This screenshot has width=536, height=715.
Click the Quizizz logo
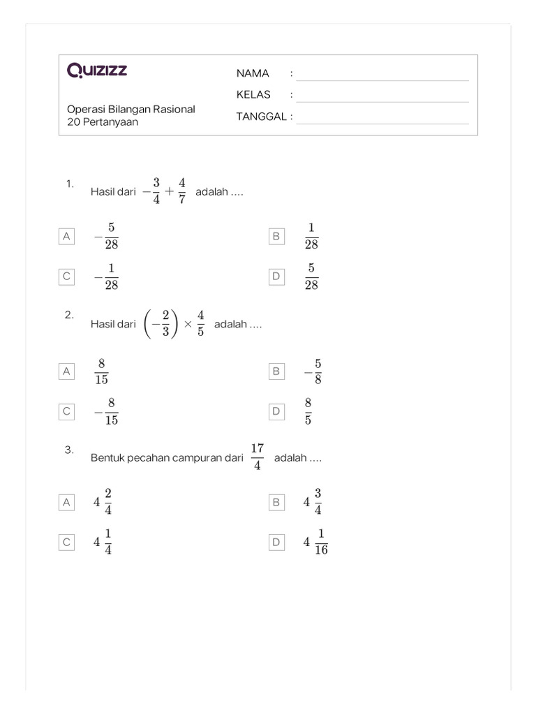97,70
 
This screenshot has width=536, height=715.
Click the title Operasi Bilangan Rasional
131,109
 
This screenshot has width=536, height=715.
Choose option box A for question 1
67,237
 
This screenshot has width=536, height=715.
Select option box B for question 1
276,237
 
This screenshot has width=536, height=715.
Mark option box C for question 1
67,277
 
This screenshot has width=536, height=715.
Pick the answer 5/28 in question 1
311,277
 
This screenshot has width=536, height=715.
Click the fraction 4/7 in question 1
181,191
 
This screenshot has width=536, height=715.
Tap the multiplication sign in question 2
188,325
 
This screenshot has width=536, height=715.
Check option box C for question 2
67,412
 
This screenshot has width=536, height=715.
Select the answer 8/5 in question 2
308,412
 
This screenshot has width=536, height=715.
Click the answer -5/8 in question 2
313,371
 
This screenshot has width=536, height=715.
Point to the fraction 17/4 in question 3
257,457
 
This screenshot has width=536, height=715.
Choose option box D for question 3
276,542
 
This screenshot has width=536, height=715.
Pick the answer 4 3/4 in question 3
313,501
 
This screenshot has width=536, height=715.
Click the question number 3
69,450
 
